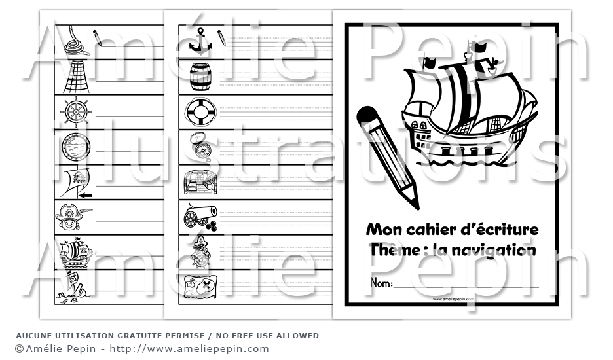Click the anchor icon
pos(200,41)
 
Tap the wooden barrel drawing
pos(200,77)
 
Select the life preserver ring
pos(200,112)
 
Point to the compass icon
pos(202,147)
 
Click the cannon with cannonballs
pos(200,216)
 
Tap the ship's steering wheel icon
pos(76,112)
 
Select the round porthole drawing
pos(76,147)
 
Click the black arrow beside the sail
pos(85,195)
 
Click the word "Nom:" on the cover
pos(381,283)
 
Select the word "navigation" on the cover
pos(492,250)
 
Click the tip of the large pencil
pos(417,209)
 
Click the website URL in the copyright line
pos(189,349)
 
